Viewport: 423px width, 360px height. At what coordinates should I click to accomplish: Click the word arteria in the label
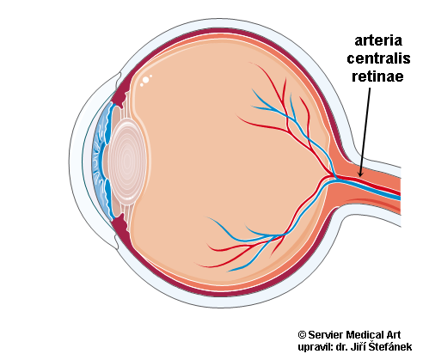click(x=378, y=40)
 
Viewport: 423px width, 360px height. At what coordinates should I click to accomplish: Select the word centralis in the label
click(x=378, y=58)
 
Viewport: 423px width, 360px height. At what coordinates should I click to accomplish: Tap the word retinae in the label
click(x=377, y=76)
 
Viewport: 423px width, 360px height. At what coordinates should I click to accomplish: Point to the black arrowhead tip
click(x=360, y=176)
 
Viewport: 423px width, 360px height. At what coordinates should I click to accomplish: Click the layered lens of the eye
click(x=127, y=162)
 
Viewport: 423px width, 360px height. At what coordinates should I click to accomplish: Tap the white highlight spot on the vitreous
click(x=145, y=80)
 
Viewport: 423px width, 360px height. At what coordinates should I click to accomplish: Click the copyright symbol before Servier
click(x=302, y=334)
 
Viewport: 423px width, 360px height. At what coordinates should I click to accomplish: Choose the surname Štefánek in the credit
click(x=390, y=346)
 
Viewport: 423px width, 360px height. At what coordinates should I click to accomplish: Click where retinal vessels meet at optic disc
click(x=334, y=177)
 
